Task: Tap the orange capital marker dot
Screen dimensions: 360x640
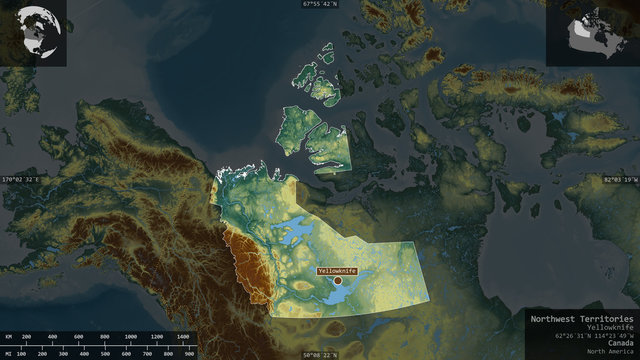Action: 338,281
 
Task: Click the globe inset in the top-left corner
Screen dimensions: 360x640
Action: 34,33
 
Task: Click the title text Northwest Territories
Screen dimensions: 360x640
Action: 581,318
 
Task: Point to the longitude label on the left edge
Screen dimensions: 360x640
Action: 22,179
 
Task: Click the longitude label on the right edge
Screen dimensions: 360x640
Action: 619,179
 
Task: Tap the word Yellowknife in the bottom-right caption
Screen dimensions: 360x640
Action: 610,327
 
